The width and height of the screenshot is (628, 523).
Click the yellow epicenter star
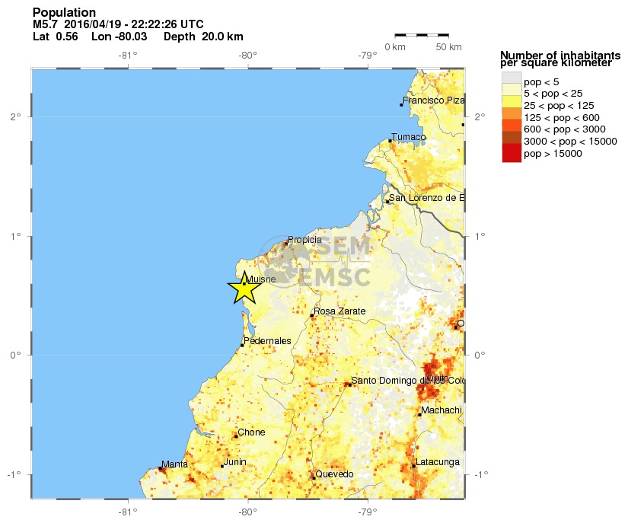(x=244, y=289)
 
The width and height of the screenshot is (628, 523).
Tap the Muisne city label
(x=261, y=279)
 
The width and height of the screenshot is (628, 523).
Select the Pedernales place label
(x=268, y=340)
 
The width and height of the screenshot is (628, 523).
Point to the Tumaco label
(x=408, y=137)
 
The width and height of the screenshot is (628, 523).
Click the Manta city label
(x=174, y=464)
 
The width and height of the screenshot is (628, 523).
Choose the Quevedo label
(x=334, y=474)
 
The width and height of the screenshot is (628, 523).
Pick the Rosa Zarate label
(x=340, y=311)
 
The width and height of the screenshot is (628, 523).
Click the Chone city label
(x=251, y=432)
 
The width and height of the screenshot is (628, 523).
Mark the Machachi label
(x=442, y=410)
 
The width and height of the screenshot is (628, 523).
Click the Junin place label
(x=234, y=462)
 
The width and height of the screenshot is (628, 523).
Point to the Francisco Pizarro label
(x=433, y=100)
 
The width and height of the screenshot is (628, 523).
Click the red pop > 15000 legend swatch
(x=512, y=153)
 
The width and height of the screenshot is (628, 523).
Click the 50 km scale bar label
(x=449, y=47)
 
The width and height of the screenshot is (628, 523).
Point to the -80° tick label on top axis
(x=247, y=55)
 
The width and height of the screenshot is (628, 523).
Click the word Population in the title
(x=65, y=12)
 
